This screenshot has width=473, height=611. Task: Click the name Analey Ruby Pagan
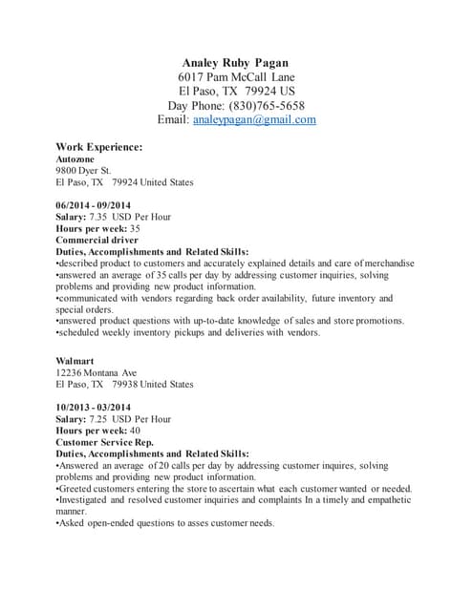pyautogui.click(x=236, y=61)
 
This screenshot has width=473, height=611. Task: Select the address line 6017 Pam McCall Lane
pyautogui.click(x=236, y=76)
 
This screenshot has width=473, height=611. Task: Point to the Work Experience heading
pyautogui.click(x=99, y=147)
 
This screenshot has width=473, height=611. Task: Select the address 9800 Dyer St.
pyautogui.click(x=84, y=170)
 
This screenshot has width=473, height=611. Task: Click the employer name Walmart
pyautogui.click(x=75, y=361)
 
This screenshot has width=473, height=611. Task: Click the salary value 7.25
pyautogui.click(x=100, y=419)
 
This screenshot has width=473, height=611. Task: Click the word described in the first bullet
pyautogui.click(x=81, y=263)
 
